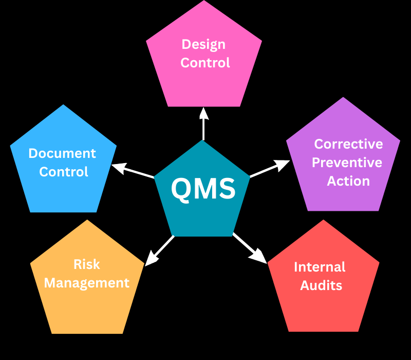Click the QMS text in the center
203,189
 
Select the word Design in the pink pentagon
203,44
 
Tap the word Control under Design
205,63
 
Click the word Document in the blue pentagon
62,153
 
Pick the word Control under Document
64,172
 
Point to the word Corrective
348,144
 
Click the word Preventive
347,163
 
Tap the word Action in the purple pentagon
348,181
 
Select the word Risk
87,264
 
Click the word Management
87,282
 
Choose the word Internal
320,267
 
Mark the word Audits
321,285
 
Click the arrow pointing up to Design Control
204,123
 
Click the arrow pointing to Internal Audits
250,248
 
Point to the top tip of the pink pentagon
204,1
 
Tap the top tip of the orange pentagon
88,220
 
